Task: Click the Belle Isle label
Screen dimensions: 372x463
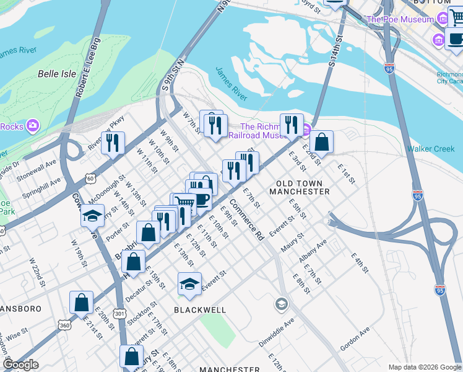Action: [x=57, y=74]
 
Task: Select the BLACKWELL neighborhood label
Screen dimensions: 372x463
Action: [x=200, y=309]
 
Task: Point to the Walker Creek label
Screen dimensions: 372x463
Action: [x=431, y=149]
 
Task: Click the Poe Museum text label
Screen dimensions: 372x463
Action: [x=400, y=19]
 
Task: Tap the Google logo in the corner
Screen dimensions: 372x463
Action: [x=20, y=364]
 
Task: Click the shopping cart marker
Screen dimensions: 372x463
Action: [x=183, y=203]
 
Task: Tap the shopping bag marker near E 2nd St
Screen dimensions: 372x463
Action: [x=321, y=141]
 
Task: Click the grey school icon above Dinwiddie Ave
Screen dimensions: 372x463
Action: [x=281, y=303]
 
